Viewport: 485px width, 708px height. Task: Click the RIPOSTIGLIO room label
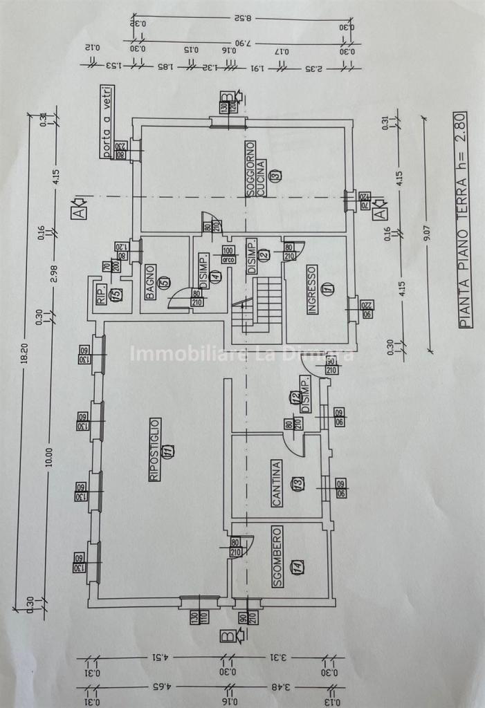pos(155,449)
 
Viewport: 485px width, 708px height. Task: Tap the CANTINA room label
pos(277,484)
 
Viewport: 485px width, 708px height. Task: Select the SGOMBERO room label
pos(277,557)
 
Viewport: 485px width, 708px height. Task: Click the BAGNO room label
pos(150,282)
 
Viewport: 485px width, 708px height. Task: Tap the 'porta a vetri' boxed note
pos(107,122)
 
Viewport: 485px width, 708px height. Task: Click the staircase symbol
pos(257,307)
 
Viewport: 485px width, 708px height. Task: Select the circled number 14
pos(297,568)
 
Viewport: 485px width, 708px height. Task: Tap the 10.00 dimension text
pos(48,457)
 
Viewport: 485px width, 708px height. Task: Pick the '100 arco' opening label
pos(228,253)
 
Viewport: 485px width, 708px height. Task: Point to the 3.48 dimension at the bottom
pos(282,689)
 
